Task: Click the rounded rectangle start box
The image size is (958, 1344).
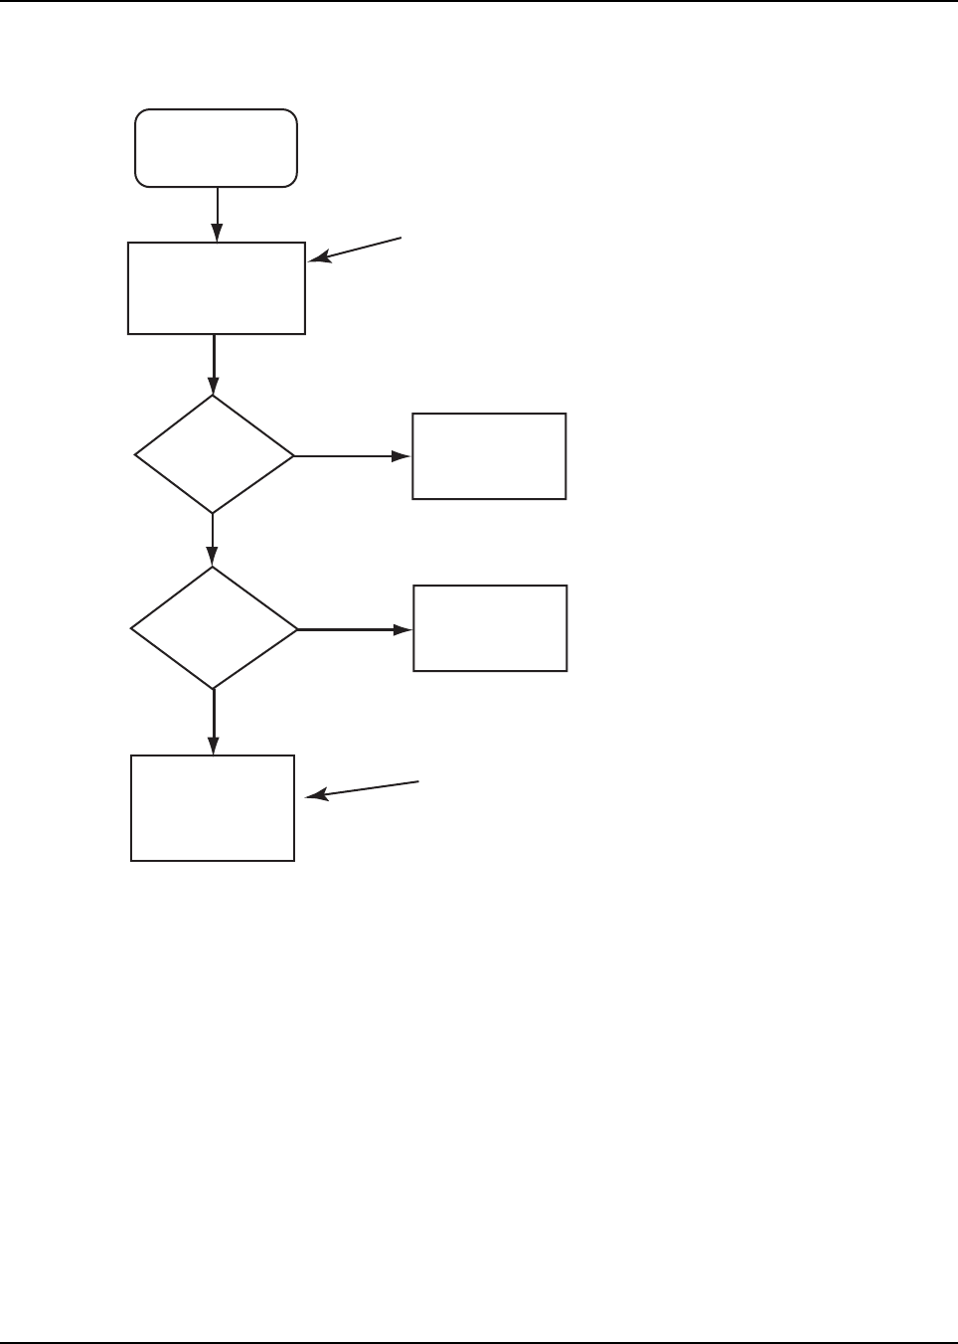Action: point(216,148)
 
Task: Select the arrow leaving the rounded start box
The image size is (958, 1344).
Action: point(217,214)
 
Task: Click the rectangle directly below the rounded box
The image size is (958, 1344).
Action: point(217,288)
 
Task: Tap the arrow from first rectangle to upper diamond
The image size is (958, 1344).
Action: point(214,364)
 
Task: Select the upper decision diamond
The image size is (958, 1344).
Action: point(214,455)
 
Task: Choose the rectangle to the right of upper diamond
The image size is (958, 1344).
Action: point(489,456)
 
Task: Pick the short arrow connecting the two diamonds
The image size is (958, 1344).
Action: point(213,540)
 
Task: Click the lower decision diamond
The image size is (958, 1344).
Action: point(214,628)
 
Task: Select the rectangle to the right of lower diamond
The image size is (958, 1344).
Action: point(490,628)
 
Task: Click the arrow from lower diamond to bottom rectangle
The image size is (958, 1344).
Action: point(214,722)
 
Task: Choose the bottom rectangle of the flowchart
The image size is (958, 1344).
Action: point(213,808)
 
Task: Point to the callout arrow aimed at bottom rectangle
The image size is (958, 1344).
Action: point(363,789)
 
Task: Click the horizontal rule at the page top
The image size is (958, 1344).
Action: point(479,1)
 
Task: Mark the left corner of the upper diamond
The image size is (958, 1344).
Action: point(136,456)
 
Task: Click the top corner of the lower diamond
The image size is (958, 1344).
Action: point(214,569)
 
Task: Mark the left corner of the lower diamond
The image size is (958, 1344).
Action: point(132,629)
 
